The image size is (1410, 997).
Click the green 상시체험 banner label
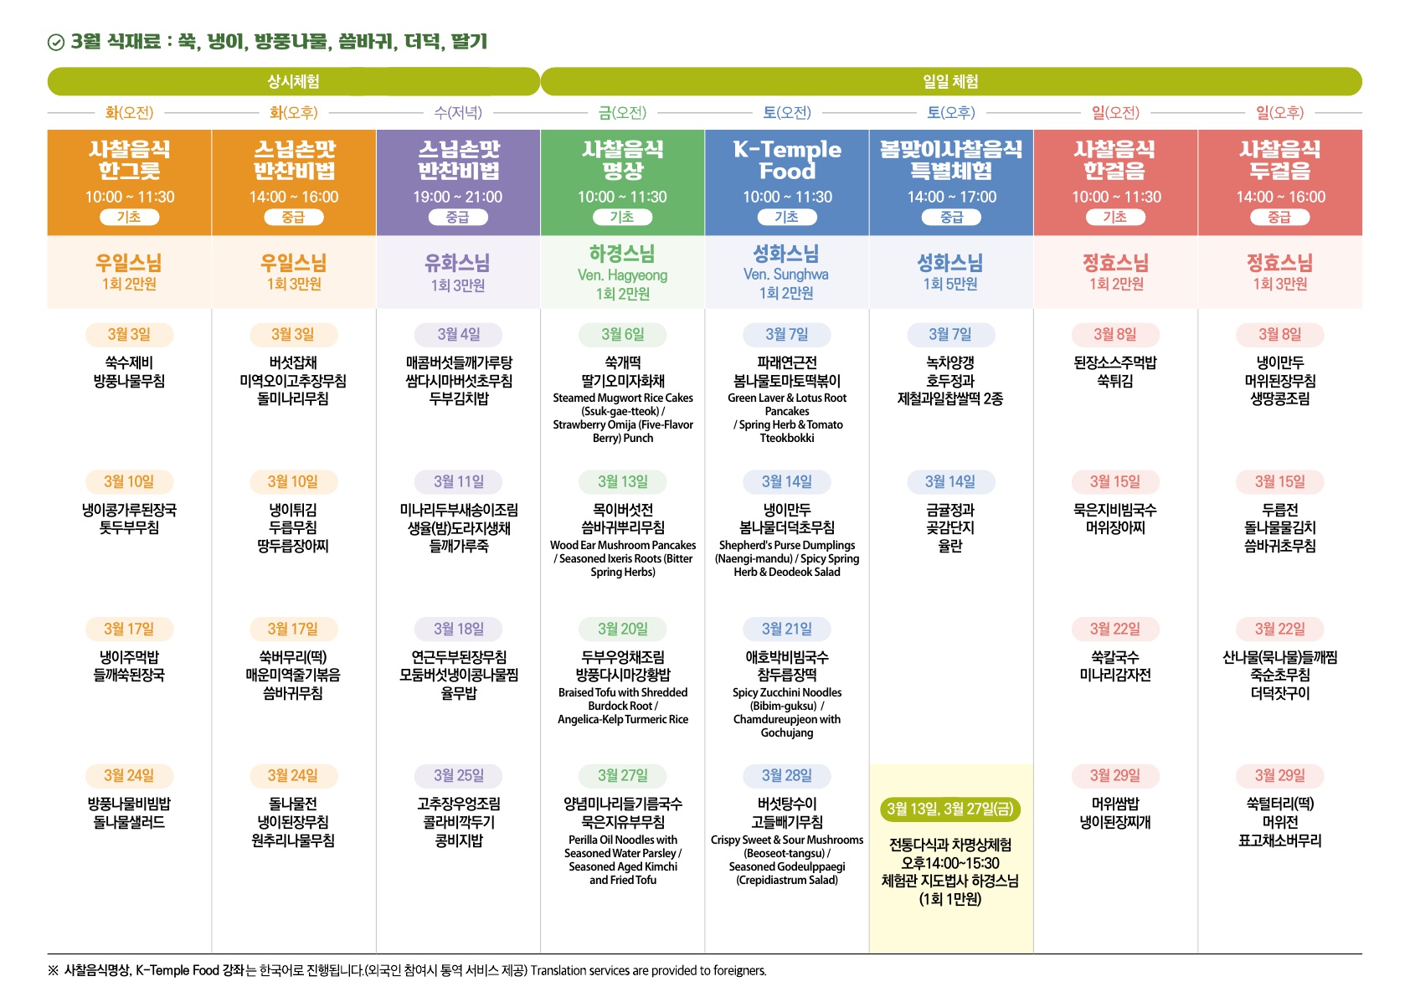click(293, 81)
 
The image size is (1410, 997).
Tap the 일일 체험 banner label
click(950, 81)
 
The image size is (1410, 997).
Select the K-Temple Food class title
click(787, 160)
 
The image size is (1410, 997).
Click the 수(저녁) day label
click(458, 112)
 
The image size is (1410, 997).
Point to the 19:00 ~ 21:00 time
click(457, 197)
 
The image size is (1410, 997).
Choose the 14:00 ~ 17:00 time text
click(951, 197)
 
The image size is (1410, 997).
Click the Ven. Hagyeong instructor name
click(622, 275)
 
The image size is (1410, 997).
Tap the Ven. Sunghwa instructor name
click(785, 274)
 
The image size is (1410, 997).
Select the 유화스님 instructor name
click(457, 263)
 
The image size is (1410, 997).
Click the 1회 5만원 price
click(950, 284)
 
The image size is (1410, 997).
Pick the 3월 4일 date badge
click(458, 334)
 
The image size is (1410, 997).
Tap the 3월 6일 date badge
click(622, 334)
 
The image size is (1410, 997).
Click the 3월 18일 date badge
click(458, 629)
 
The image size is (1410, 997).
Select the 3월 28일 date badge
click(786, 775)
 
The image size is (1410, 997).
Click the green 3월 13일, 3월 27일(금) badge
click(949, 809)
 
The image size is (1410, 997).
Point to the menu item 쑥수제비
click(129, 362)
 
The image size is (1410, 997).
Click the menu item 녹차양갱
click(950, 362)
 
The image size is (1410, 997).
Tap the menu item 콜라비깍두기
click(458, 822)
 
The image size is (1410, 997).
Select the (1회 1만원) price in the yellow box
click(949, 899)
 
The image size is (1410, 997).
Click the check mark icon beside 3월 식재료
click(56, 43)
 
